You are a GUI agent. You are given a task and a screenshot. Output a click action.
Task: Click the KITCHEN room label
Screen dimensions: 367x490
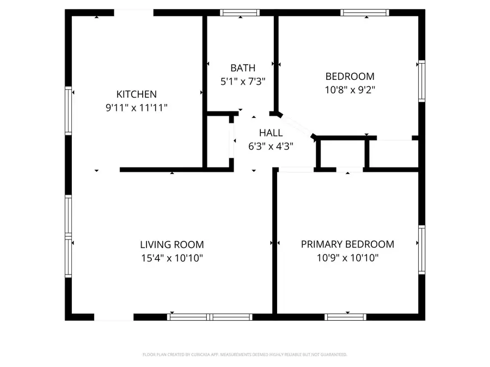tap(136, 95)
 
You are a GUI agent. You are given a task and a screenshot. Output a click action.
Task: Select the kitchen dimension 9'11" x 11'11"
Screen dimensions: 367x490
tap(136, 108)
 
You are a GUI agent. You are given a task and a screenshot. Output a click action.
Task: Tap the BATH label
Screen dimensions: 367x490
tap(242, 68)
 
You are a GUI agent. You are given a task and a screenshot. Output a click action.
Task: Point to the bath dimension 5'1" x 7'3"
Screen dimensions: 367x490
tap(242, 82)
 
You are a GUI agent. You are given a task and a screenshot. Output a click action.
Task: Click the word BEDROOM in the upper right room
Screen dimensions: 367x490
tap(350, 77)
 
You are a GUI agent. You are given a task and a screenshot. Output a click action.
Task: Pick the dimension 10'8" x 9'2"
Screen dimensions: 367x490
tap(350, 90)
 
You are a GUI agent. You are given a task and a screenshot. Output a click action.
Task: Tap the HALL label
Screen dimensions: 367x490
tap(271, 133)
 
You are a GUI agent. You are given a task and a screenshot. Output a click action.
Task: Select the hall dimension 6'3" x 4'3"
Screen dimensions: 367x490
tap(271, 146)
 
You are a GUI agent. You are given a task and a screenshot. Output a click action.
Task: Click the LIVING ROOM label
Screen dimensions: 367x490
tap(172, 245)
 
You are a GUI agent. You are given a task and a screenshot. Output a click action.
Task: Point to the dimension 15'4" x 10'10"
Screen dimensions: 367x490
tap(172, 258)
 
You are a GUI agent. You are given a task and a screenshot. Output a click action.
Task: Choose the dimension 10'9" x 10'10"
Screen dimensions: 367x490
tap(347, 258)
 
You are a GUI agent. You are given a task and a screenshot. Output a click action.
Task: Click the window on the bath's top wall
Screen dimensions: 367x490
tap(240, 13)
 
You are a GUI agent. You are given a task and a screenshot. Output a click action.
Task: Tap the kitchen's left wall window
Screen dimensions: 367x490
tap(69, 110)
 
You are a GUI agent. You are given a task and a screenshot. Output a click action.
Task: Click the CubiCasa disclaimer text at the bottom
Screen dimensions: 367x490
tap(245, 354)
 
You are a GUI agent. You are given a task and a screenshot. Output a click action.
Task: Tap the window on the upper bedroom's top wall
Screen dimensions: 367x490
tap(365, 13)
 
